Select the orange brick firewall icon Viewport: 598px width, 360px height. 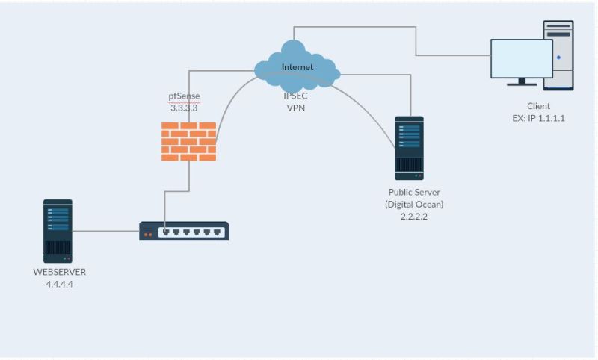(188, 141)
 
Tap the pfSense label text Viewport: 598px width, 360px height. (184, 96)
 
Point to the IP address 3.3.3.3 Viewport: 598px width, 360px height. (184, 108)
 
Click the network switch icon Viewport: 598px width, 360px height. (184, 232)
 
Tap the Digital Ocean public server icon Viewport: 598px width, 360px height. (409, 148)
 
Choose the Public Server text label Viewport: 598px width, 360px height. (414, 193)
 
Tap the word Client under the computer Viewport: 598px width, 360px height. (538, 106)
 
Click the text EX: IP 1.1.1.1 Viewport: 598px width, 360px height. (538, 118)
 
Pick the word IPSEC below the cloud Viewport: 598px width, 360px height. (296, 96)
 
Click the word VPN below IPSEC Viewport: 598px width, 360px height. (296, 108)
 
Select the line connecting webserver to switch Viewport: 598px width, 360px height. (105, 231)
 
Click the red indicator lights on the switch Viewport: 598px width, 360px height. (147, 234)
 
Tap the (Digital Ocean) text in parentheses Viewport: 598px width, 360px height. (414, 204)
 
